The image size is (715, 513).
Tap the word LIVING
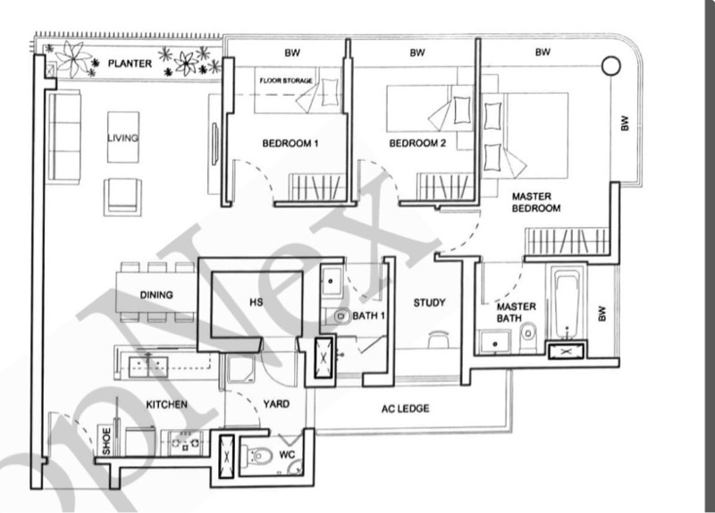tap(123, 139)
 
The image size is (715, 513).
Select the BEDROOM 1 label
tap(290, 144)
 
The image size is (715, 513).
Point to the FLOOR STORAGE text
tap(286, 80)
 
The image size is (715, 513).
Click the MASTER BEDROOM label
tap(535, 202)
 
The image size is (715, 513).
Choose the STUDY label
tap(429, 303)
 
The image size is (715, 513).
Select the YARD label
tap(276, 405)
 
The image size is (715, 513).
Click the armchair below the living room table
tap(122, 196)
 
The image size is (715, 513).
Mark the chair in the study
tap(438, 340)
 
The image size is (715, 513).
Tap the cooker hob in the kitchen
tap(188, 442)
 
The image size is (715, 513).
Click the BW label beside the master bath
tap(602, 314)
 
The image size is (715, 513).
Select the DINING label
tap(156, 295)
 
